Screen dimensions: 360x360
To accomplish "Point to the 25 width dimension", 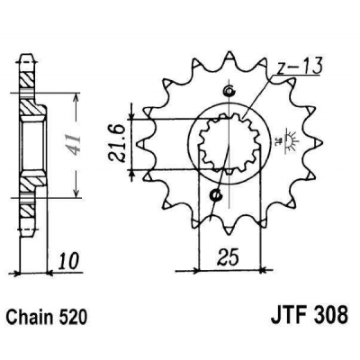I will pyautogui.click(x=229, y=258).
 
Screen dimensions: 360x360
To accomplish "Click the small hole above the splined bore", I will pyautogui.click(x=227, y=90).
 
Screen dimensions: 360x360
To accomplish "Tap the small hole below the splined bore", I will pyautogui.click(x=216, y=193).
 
